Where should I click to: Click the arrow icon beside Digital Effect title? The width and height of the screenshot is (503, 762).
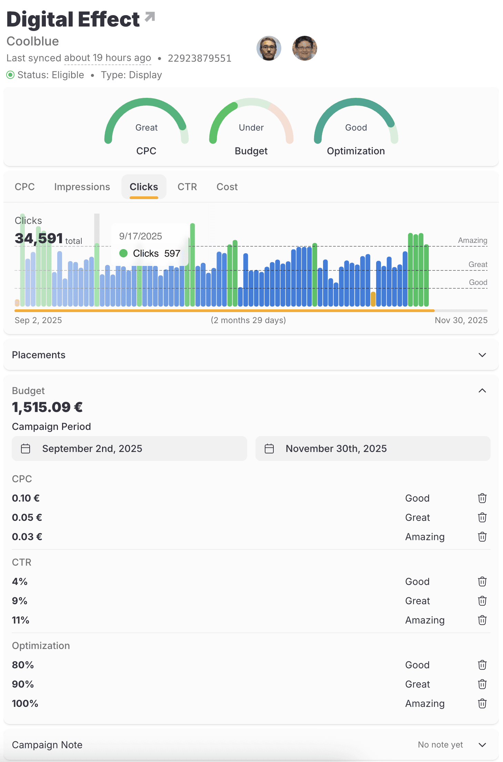point(150,17)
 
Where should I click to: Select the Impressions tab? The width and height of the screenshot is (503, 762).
point(82,187)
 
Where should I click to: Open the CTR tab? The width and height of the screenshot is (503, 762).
point(187,187)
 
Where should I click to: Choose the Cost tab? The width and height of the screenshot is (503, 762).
point(227,187)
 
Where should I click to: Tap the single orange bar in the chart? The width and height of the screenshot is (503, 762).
point(373,299)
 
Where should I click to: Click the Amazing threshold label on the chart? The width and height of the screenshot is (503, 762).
point(472,240)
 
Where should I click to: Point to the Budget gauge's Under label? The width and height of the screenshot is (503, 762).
point(251,127)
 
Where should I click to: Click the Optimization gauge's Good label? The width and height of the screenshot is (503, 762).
point(356,127)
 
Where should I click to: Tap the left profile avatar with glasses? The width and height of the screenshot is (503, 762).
point(269,48)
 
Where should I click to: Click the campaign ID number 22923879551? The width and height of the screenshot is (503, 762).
point(199,58)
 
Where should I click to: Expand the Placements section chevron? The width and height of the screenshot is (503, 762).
point(482,355)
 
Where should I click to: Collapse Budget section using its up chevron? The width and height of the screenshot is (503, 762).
point(482,391)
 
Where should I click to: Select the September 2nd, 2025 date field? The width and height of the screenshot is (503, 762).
point(129,449)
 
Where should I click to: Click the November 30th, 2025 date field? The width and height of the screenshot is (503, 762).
point(373,449)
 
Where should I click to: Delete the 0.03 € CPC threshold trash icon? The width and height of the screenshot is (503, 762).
point(482,537)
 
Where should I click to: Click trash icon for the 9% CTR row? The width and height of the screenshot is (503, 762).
point(482,601)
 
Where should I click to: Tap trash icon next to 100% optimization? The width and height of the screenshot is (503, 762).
point(482,703)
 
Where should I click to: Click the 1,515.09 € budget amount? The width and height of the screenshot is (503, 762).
point(47,407)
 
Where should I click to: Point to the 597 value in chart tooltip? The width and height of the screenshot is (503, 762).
point(172,254)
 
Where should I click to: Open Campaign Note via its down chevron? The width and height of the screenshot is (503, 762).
point(482,745)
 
